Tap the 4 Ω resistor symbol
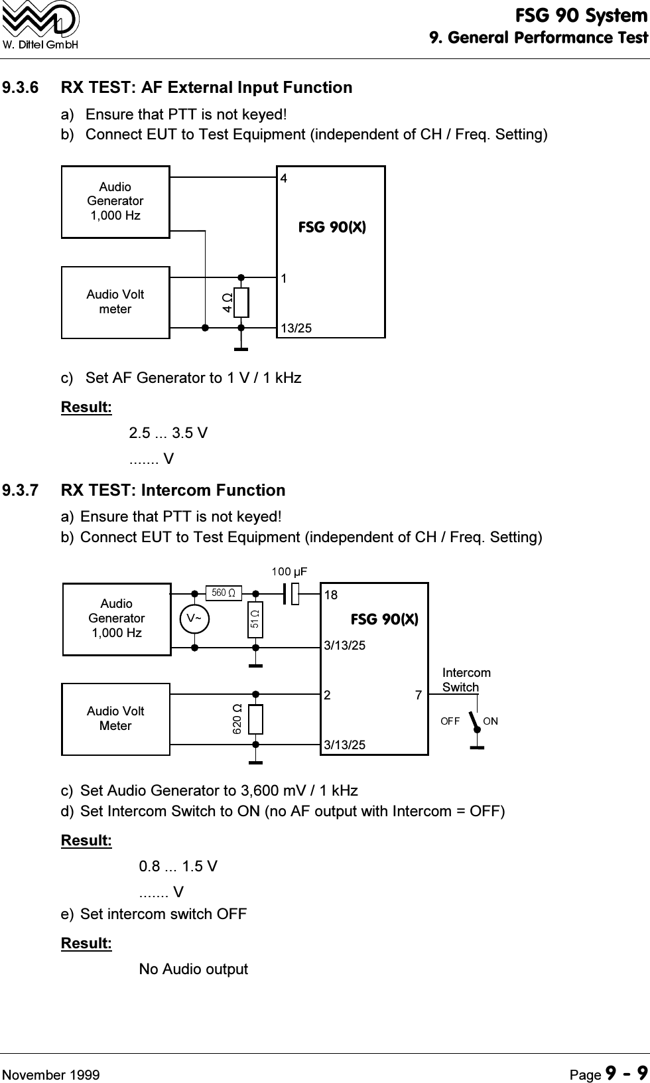[241, 303]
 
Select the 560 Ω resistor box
[224, 593]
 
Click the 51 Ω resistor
[255, 619]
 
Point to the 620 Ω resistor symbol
[255, 719]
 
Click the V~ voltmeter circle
[194, 618]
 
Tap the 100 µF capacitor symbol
[291, 594]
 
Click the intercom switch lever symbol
[475, 722]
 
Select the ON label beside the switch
[490, 721]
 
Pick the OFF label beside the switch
[450, 721]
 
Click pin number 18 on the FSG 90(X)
[330, 595]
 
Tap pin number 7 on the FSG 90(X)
[419, 695]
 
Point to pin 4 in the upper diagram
[284, 179]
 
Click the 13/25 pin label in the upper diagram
[296, 328]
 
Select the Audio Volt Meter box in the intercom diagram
[115, 719]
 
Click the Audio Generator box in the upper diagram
[115, 202]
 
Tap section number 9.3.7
[21, 490]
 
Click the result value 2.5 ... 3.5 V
[168, 433]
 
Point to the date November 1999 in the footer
[51, 1075]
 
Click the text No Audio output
[193, 969]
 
